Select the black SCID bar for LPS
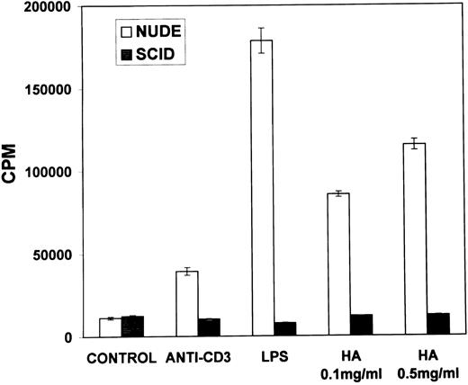pos(284,329)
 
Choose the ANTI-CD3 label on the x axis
pos(198,354)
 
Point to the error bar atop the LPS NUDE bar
pos(262,40)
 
